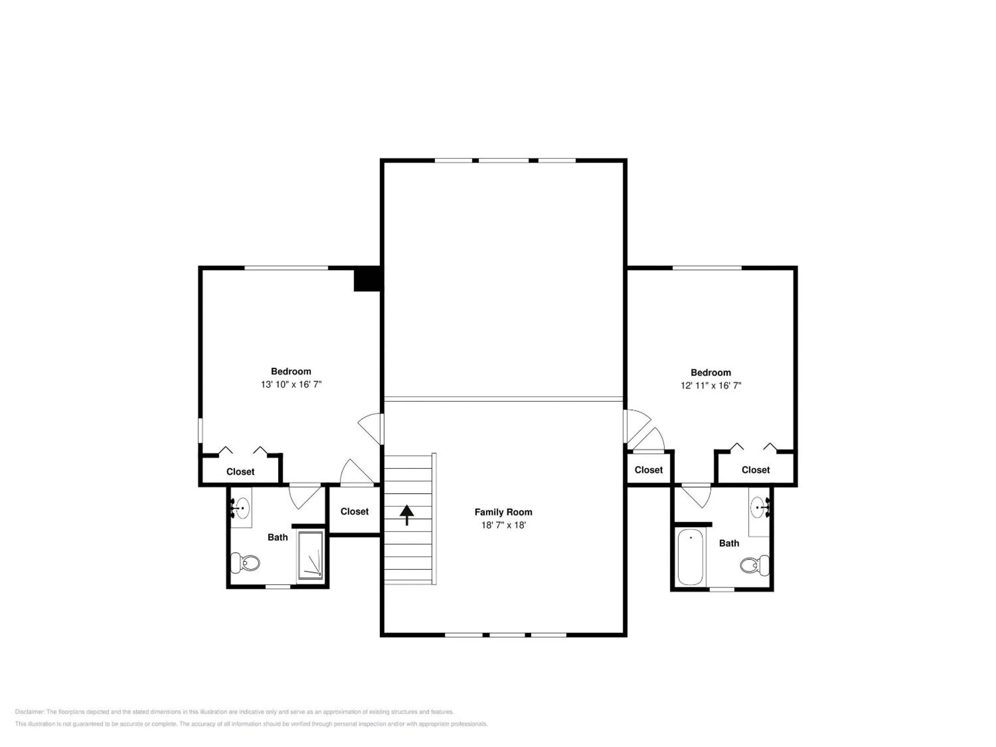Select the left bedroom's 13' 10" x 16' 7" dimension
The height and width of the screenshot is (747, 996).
point(291,385)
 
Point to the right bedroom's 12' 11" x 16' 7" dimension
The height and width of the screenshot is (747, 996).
point(711,386)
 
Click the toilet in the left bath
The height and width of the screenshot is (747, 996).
point(246,562)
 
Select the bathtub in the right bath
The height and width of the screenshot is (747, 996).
point(690,557)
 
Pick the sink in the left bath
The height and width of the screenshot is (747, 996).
point(241,508)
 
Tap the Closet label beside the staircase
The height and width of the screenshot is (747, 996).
point(354,511)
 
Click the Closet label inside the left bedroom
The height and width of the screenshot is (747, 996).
point(240,472)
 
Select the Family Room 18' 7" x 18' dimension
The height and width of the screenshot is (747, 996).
point(504,525)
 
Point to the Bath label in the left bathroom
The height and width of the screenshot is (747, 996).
point(277,537)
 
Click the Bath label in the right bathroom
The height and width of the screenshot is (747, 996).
point(729,544)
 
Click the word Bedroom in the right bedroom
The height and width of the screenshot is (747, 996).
point(711,372)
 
